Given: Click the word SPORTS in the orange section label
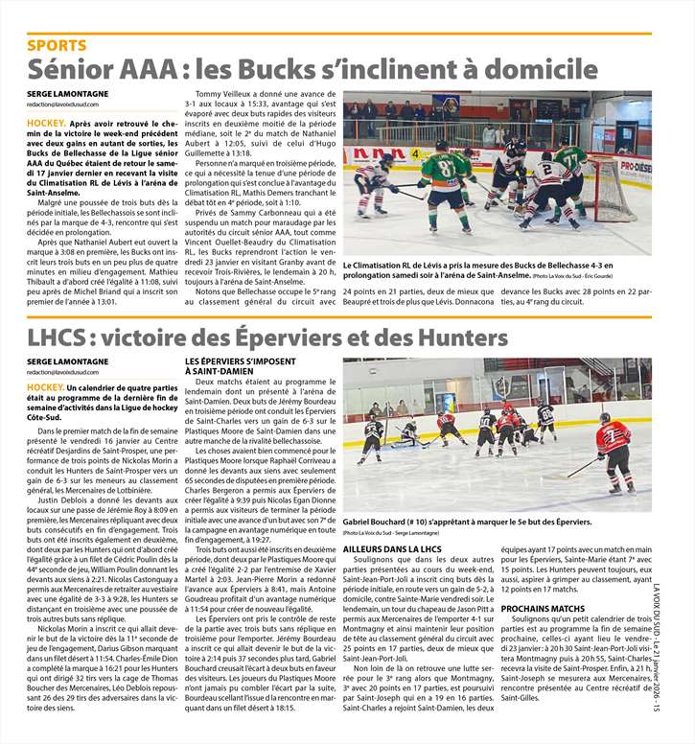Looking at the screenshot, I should [x=57, y=45].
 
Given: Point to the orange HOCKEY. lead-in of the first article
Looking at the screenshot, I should [x=46, y=124].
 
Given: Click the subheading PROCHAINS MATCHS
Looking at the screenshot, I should [x=542, y=608].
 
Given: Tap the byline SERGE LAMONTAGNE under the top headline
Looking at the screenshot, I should [x=67, y=94].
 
